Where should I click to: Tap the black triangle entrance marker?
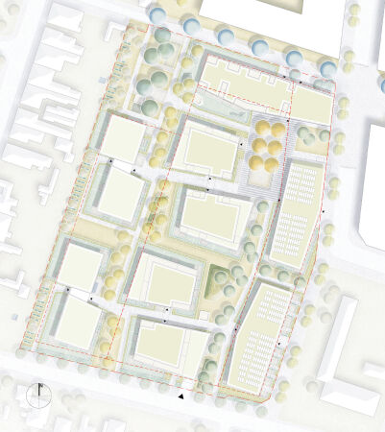pos(180,396)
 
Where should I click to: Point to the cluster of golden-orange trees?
pos(268,143)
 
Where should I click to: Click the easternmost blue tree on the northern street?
pos(328,68)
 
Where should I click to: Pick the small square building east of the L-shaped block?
pos(311,105)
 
